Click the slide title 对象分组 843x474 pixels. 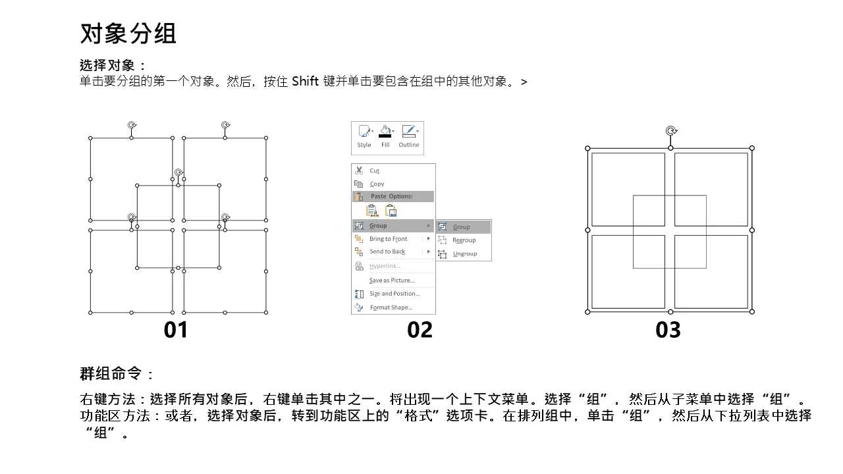click(128, 34)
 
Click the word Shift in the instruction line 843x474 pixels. click(305, 81)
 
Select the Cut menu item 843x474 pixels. click(374, 171)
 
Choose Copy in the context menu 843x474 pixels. click(377, 184)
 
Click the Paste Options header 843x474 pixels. click(391, 196)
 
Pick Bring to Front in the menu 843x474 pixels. click(388, 239)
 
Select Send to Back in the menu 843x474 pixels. click(387, 251)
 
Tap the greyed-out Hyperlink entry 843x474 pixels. click(385, 266)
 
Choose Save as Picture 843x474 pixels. click(392, 280)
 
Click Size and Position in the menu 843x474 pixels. click(394, 294)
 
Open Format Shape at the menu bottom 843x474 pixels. click(391, 307)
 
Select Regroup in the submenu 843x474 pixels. click(464, 240)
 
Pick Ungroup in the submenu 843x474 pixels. click(465, 253)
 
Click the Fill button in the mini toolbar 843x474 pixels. click(385, 137)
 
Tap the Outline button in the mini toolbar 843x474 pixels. click(409, 137)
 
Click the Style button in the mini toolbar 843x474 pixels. click(364, 137)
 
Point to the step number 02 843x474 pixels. click(420, 330)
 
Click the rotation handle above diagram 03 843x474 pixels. click(671, 131)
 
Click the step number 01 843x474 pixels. click(175, 330)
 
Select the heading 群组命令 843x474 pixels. click(111, 373)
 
